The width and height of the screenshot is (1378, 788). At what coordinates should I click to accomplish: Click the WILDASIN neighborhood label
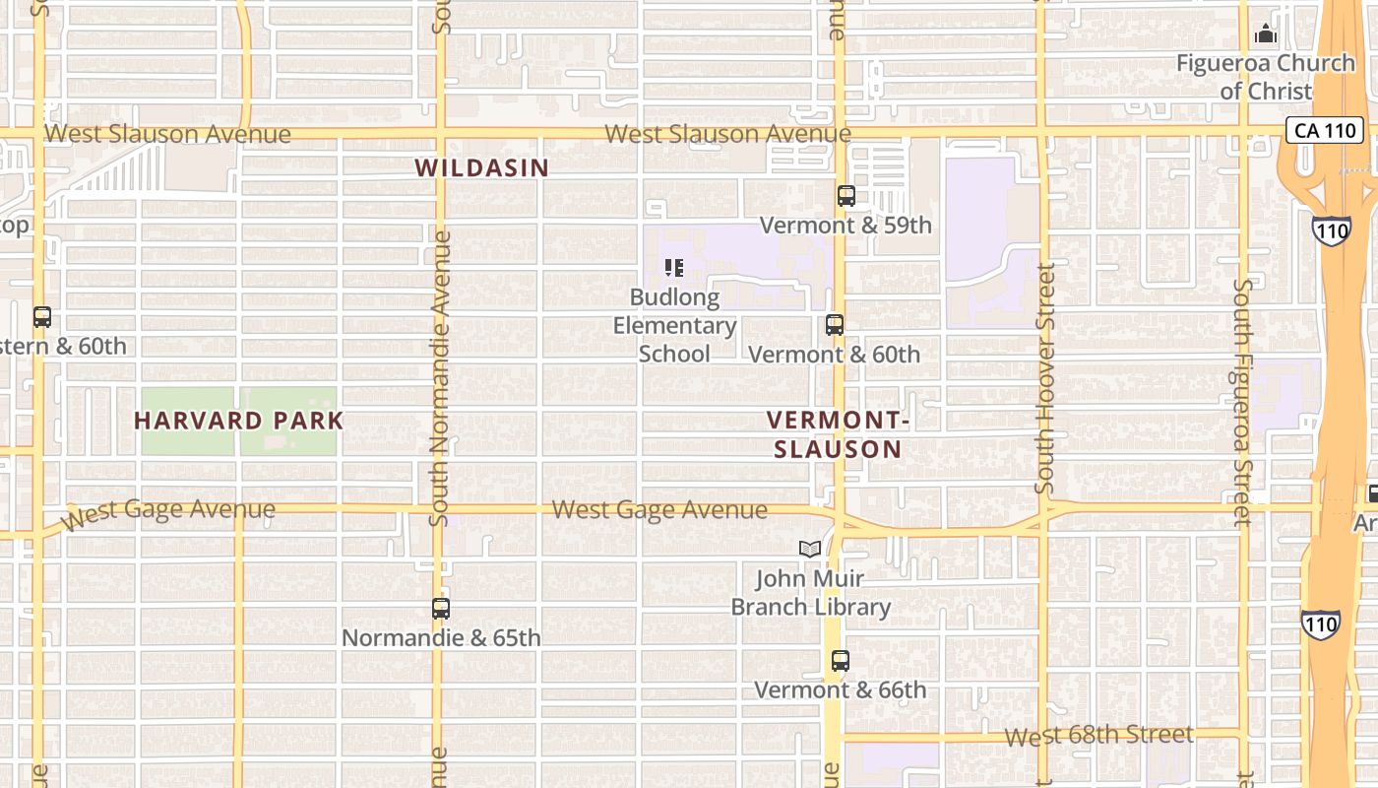[x=481, y=167]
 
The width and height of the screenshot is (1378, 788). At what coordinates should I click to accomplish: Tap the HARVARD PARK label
[x=238, y=421]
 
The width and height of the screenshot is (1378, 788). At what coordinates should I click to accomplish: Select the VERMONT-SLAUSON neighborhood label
[x=837, y=434]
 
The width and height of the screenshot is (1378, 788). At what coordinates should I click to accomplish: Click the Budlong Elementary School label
[x=675, y=325]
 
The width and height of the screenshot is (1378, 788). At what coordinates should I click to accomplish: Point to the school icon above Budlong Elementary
[x=674, y=268]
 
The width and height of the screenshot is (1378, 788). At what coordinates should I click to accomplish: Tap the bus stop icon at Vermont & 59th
[x=846, y=196]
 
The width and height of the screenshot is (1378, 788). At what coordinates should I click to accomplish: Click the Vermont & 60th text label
[x=835, y=355]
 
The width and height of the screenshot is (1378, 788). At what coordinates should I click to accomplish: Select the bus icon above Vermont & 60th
[x=835, y=325]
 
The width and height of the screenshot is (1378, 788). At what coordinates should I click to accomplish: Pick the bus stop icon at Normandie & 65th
[x=441, y=609]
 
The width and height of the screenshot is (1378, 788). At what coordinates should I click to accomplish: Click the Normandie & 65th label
[x=441, y=638]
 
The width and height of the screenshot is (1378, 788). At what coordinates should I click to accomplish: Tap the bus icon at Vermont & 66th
[x=840, y=661]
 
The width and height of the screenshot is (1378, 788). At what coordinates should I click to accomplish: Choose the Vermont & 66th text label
[x=840, y=689]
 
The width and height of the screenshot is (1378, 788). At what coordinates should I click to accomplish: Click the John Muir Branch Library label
[x=810, y=592]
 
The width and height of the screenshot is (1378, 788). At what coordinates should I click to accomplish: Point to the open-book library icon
[x=810, y=549]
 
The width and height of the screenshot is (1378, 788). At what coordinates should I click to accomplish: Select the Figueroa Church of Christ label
[x=1266, y=77]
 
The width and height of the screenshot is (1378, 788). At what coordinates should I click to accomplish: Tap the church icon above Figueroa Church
[x=1266, y=34]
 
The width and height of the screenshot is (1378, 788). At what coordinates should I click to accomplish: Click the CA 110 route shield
[x=1325, y=129]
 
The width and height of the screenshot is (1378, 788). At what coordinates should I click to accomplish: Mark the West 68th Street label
[x=1099, y=736]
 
